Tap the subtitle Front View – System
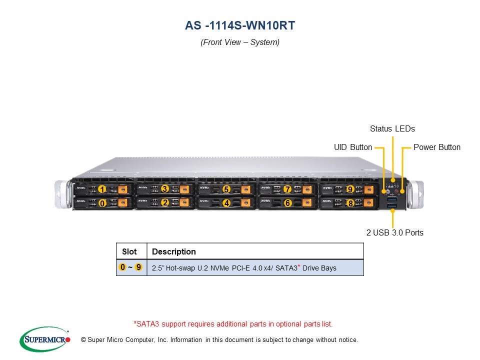tap(240, 42)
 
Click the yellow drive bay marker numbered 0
tap(102, 203)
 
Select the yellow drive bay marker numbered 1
tap(102, 189)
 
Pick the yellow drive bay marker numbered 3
tap(164, 189)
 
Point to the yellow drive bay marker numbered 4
tap(226, 203)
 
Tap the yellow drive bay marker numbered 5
tap(226, 189)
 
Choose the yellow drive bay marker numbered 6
tap(287, 203)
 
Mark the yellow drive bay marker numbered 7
tap(287, 189)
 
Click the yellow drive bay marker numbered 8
tap(350, 203)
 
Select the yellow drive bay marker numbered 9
tap(350, 189)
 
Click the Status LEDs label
tap(392, 129)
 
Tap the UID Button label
tap(353, 147)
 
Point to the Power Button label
tap(437, 147)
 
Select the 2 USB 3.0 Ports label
tap(394, 232)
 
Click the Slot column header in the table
tap(129, 251)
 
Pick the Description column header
tap(174, 251)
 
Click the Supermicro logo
tap(45, 340)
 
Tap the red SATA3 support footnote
tap(233, 324)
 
